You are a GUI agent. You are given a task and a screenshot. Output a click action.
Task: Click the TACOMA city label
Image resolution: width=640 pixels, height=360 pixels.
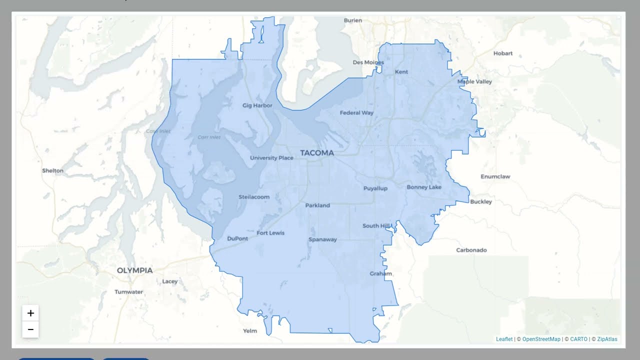[316, 153]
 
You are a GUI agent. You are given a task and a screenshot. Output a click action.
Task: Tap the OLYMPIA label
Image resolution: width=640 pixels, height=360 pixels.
[134, 270]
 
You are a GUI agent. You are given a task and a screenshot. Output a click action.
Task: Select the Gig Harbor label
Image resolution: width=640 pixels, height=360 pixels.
[257, 105]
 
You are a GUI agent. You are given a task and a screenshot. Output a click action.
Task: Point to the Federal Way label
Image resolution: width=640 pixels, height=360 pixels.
[356, 113]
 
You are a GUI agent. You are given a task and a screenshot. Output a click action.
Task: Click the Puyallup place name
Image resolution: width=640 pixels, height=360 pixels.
[375, 188]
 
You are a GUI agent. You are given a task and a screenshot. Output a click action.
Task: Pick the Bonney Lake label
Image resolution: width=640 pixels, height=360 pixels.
[424, 187]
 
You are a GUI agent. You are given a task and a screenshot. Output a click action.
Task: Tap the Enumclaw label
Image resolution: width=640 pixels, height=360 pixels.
[495, 176]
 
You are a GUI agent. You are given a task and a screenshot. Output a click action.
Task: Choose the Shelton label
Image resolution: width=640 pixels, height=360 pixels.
[52, 170]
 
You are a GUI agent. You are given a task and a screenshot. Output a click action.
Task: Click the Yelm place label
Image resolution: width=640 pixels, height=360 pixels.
[249, 331]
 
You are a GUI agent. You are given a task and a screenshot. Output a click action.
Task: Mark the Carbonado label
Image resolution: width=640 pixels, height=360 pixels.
[471, 250]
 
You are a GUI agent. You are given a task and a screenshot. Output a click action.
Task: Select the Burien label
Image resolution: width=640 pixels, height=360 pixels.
[352, 20]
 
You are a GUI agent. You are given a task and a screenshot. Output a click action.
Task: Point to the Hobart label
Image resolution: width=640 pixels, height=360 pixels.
[502, 53]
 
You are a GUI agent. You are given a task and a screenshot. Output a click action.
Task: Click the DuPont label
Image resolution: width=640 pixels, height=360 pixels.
[237, 238]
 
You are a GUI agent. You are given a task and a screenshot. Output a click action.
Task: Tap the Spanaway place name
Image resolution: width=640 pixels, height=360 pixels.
[322, 239]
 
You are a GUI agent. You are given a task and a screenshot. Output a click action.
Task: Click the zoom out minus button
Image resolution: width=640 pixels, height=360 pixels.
[30, 329]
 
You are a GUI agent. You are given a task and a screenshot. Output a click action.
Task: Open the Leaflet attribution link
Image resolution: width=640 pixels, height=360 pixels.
[504, 339]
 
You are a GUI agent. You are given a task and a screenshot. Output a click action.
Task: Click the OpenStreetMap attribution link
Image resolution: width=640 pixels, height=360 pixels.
[541, 339]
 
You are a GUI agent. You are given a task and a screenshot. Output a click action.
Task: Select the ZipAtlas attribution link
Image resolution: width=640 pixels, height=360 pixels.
[607, 339]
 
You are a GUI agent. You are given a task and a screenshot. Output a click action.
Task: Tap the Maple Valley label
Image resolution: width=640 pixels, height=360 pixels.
[474, 81]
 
